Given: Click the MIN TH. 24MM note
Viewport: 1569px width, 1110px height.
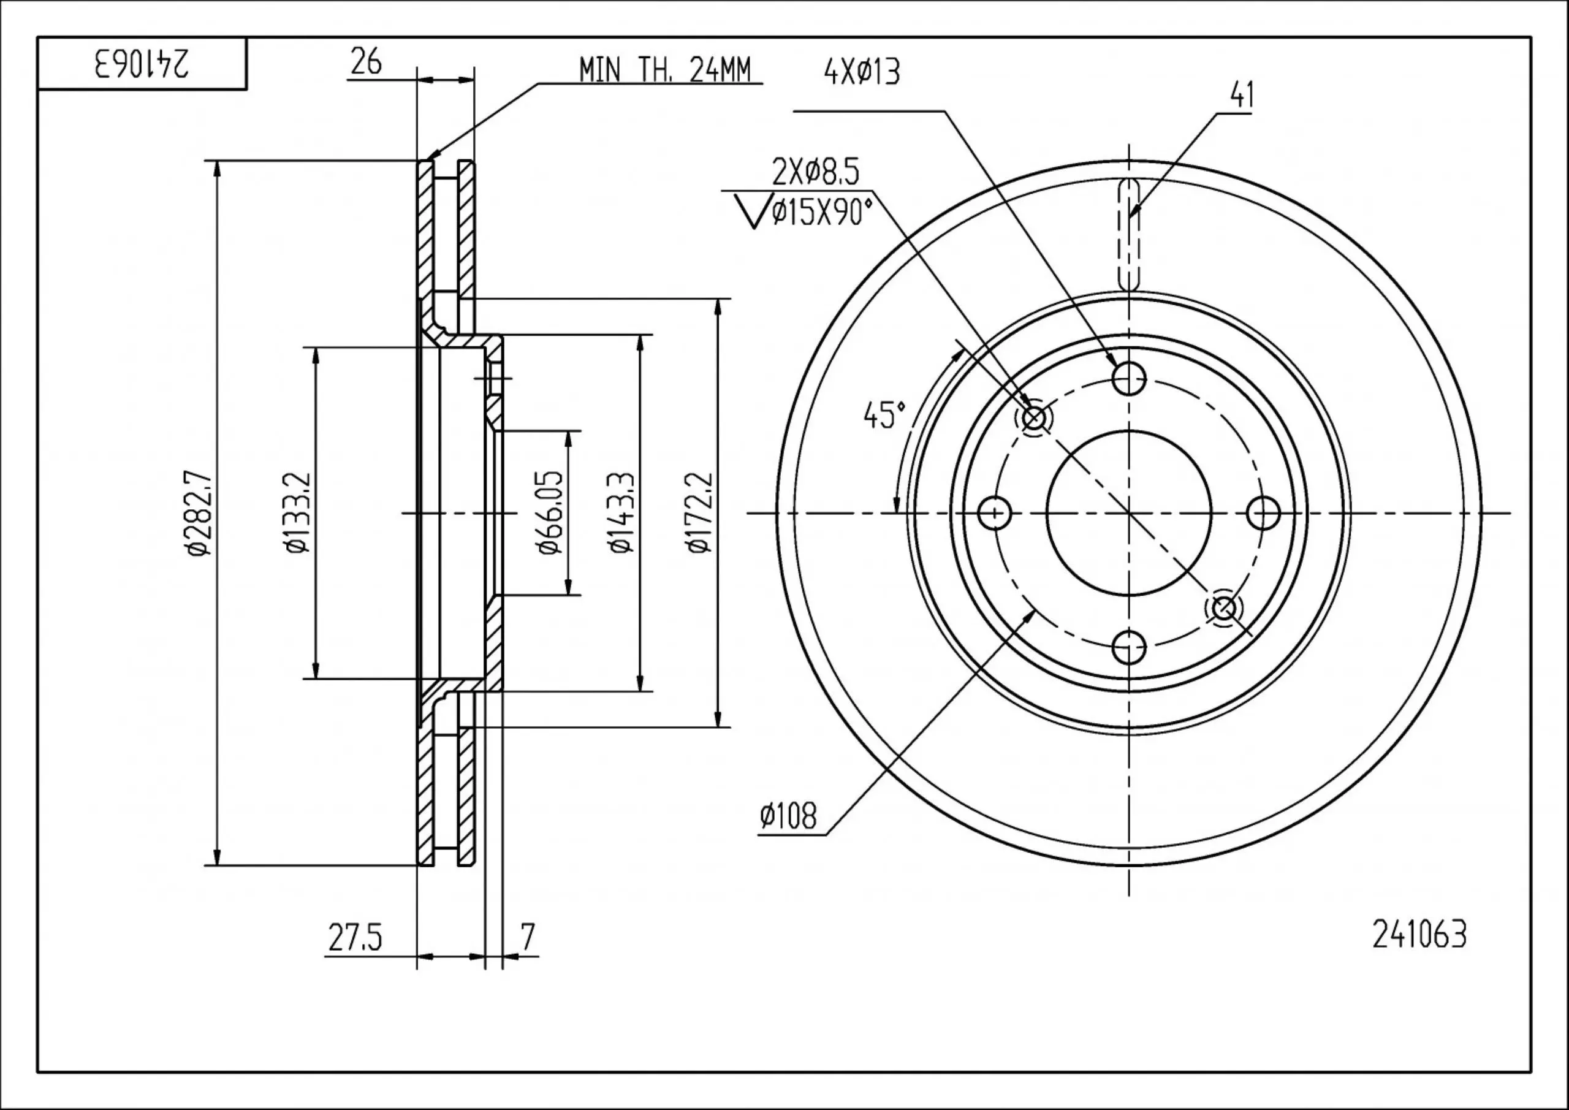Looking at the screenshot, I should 664,70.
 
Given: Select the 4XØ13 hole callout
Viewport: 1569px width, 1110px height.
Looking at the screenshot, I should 862,72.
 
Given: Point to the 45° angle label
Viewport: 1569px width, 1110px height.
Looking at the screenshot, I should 884,416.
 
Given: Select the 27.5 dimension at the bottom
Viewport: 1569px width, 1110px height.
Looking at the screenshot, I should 355,938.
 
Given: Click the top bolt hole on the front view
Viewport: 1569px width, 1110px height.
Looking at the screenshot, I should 1128,378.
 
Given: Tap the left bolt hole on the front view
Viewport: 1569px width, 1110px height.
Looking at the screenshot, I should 994,512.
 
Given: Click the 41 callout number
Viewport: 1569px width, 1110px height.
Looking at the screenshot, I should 1241,96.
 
